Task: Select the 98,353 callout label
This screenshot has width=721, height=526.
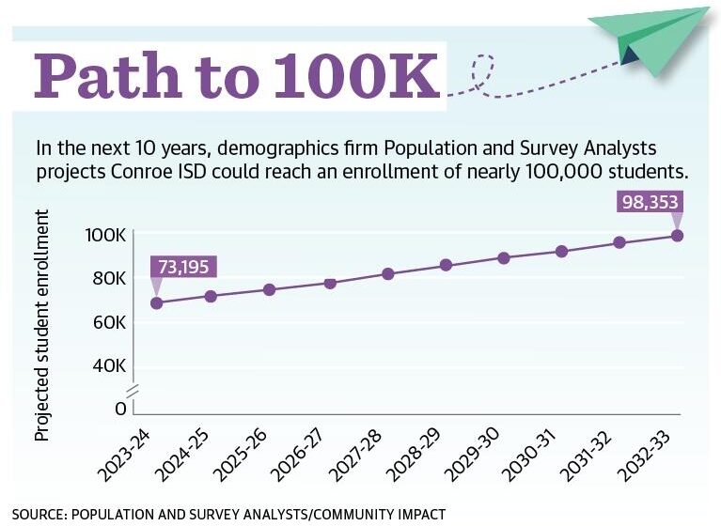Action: (650, 202)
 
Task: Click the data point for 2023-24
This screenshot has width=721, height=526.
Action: (157, 302)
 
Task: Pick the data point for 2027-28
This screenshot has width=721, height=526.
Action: (387, 273)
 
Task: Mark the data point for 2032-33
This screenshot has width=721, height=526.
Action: (676, 235)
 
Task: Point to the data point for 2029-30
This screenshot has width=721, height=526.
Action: (504, 257)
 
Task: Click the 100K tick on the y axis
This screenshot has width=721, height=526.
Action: (106, 235)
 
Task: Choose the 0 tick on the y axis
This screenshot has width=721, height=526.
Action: (120, 409)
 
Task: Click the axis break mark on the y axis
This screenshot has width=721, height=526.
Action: (133, 389)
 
